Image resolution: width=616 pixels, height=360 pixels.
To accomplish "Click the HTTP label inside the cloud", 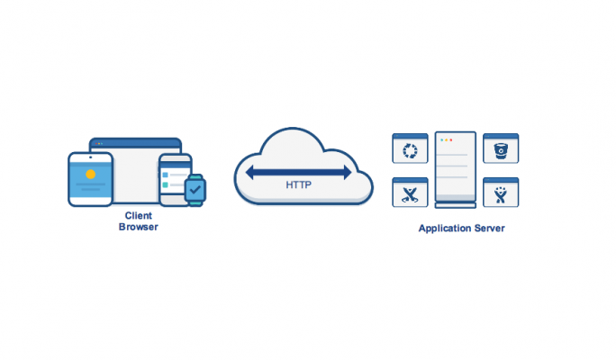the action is tap(299, 184).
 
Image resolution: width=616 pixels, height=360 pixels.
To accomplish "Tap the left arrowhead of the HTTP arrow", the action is tap(249, 172).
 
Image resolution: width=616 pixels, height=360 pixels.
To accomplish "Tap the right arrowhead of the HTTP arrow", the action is tap(348, 172).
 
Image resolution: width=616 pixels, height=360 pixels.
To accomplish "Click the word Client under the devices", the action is tap(139, 215).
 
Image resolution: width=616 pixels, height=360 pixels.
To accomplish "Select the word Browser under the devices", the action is tap(139, 227).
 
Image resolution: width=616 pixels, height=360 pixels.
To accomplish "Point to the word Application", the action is tap(445, 229).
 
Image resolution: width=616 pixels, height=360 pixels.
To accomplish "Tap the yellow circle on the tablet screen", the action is tap(91, 175).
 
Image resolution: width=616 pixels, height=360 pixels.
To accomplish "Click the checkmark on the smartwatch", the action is tap(195, 190).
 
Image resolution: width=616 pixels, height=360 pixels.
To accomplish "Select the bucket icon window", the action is tap(501, 148).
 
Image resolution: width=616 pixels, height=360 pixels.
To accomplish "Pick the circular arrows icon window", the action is tap(410, 148).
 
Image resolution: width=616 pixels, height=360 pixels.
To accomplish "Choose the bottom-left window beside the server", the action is tap(410, 193).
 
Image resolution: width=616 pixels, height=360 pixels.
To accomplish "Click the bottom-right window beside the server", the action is tap(501, 193).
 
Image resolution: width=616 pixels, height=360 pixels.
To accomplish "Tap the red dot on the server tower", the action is tap(451, 140).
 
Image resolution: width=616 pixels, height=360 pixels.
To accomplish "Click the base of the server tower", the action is tap(456, 205).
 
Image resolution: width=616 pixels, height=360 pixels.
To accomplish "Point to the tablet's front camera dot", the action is tap(91, 157).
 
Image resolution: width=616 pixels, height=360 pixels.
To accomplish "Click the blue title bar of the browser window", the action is tap(135, 143).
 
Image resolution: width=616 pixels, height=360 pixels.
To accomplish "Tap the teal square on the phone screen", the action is tap(166, 184).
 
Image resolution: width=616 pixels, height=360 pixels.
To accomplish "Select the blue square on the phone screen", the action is tap(166, 175).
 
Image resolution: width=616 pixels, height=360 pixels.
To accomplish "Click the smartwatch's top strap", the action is tap(195, 177).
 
